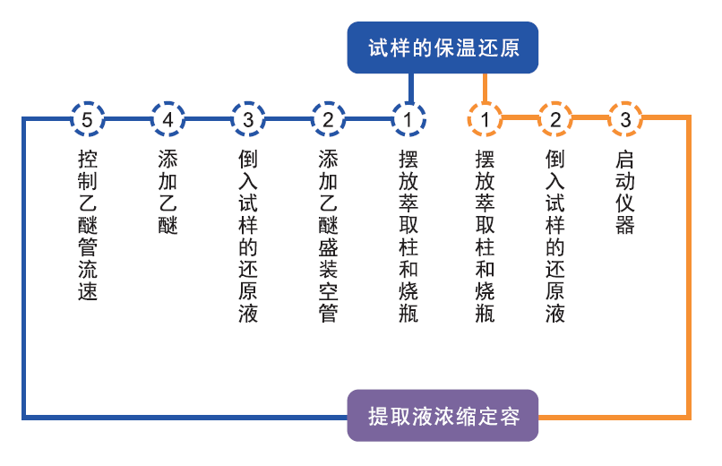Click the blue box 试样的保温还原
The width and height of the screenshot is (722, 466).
point(443,47)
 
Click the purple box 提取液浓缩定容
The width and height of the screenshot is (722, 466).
point(443,417)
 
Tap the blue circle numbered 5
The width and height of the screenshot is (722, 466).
point(88,118)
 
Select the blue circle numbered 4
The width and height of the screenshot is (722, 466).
point(168,118)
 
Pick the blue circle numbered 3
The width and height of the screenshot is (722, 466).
point(248,118)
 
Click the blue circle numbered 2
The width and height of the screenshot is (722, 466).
point(329,118)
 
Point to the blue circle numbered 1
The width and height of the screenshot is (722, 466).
point(408,118)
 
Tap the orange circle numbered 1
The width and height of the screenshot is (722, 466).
point(485,118)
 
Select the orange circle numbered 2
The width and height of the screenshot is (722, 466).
point(555,118)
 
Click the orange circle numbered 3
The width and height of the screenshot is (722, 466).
point(625,118)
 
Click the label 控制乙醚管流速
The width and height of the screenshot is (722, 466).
point(88,225)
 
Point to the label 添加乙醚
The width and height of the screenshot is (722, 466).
point(168,192)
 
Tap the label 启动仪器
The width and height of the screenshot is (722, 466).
point(625,192)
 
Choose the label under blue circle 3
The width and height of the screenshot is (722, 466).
point(248,236)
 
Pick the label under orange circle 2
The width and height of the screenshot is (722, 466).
point(555,236)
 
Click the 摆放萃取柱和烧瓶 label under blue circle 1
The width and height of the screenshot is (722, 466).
point(408,236)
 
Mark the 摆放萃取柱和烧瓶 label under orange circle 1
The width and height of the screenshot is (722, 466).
point(485,236)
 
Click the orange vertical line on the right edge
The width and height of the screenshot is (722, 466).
point(689,269)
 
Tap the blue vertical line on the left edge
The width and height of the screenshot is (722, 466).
point(24,269)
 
